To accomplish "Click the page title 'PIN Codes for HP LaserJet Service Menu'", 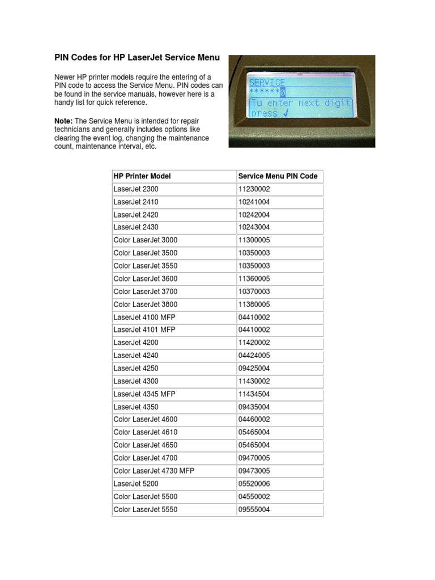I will click(137, 57).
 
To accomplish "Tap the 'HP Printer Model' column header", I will click(142, 176).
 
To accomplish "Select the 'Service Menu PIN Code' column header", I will click(278, 176).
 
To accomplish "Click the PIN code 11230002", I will click(254, 189).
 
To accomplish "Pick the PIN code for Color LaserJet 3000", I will click(254, 240).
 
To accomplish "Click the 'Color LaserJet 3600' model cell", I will click(146, 278).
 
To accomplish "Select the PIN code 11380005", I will click(254, 304).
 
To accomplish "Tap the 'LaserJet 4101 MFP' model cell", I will click(144, 330).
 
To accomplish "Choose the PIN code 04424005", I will click(254, 355).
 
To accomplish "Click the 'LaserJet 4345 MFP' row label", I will click(144, 394).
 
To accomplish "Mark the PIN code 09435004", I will click(254, 406).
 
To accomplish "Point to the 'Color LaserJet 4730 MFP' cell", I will click(154, 471).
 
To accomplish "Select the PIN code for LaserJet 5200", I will click(254, 484).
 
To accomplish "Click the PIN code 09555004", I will click(254, 509).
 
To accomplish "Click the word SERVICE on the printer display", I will click(267, 82).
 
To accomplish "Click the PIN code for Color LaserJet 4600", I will click(254, 419).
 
